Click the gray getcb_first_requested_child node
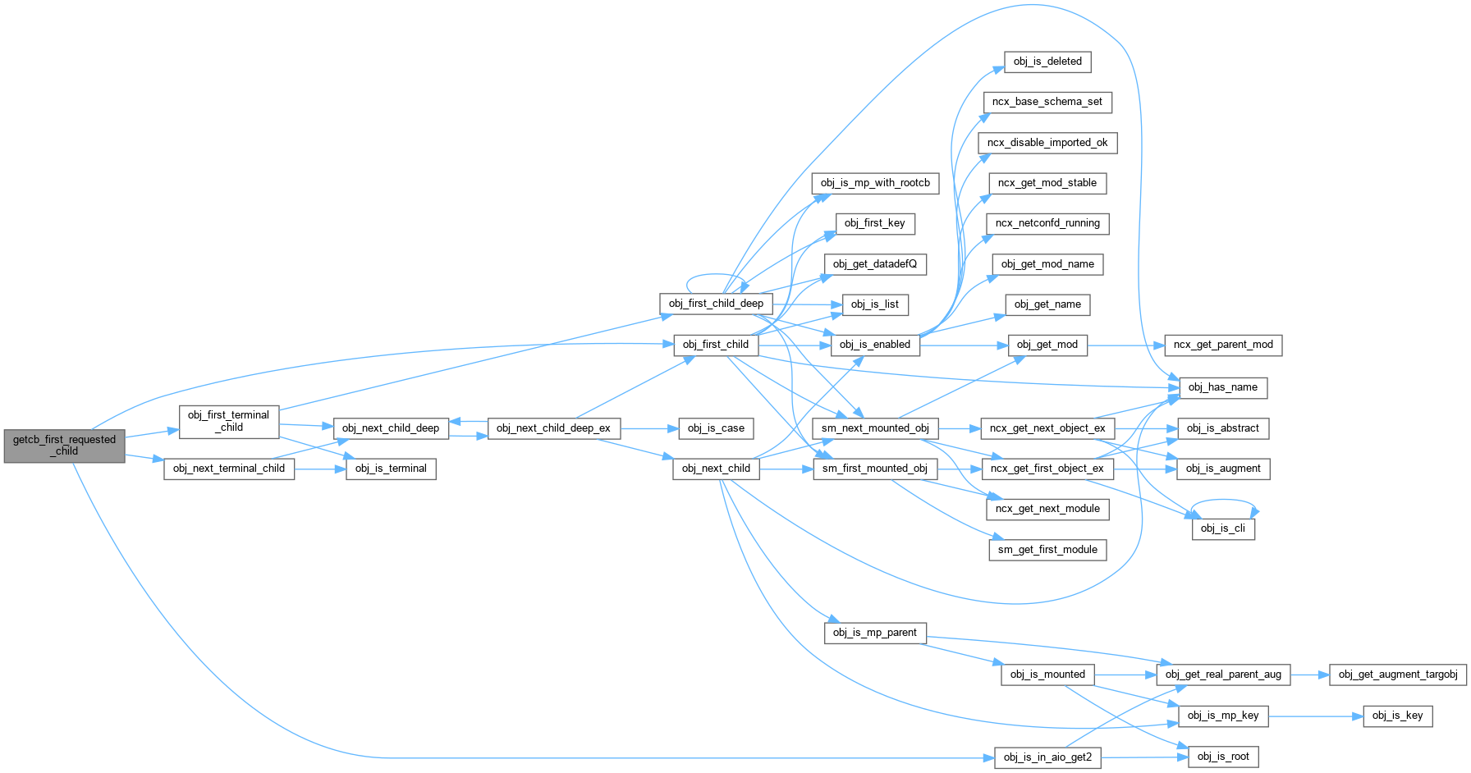coord(64,446)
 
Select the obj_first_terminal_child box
coord(229,421)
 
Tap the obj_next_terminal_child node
coord(229,469)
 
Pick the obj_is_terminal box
coord(391,469)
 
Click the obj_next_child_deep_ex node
coord(553,428)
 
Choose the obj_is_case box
coord(716,428)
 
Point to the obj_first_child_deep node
coord(716,304)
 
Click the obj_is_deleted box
coord(1047,62)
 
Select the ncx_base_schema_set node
coord(1047,102)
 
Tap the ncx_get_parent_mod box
coord(1223,345)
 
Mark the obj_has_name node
coord(1223,387)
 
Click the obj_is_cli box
coord(1223,528)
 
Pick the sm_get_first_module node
coord(1047,550)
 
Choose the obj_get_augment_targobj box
coord(1398,675)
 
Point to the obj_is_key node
coord(1398,716)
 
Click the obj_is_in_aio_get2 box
coord(1047,757)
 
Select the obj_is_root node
coord(1223,757)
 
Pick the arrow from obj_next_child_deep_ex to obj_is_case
coord(648,428)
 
